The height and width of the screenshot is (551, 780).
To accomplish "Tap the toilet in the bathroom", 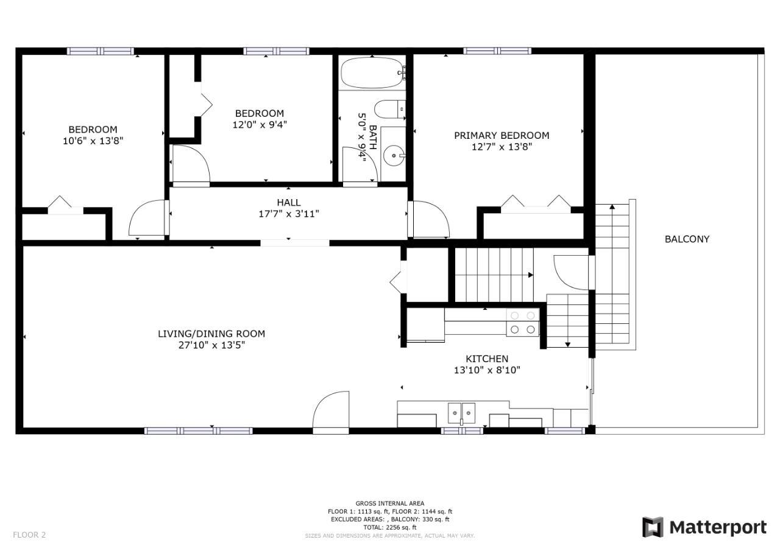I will [388, 110].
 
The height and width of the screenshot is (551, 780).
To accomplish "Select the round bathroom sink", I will [395, 156].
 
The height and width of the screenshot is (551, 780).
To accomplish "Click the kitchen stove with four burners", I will [523, 323].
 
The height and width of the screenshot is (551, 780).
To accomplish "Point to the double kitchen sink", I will [461, 413].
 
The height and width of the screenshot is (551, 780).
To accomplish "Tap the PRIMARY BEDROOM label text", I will [501, 135].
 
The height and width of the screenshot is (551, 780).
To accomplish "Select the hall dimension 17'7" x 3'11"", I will [288, 214].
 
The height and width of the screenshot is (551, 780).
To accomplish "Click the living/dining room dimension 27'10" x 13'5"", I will [211, 345].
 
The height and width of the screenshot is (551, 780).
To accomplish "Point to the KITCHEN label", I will [487, 359].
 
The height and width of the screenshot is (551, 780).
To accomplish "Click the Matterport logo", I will [704, 527].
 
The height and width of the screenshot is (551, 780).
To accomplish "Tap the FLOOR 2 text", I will [29, 535].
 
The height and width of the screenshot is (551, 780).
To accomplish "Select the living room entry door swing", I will [331, 412].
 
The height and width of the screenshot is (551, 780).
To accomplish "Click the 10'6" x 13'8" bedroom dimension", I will [93, 141].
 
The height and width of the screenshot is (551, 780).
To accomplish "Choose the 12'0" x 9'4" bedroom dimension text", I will [260, 125].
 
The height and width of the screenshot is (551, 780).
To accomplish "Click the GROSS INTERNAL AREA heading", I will [390, 504].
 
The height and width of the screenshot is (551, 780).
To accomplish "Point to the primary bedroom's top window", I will [497, 51].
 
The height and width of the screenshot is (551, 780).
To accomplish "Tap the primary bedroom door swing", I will [430, 220].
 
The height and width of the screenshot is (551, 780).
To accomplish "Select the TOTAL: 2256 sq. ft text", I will [390, 527].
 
